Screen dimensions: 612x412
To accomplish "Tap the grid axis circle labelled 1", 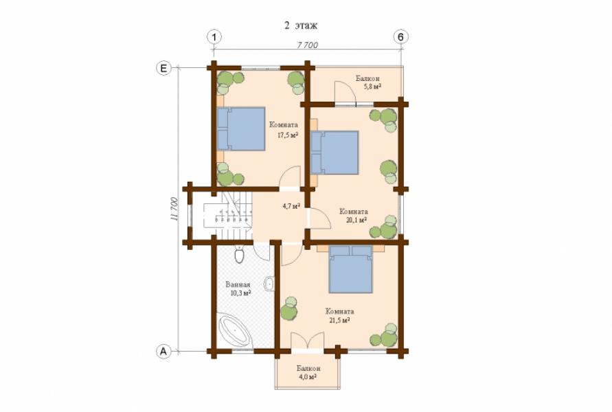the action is (214, 37).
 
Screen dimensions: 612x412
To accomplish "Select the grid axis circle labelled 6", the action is (400, 37).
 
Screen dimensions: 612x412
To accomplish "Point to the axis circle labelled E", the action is (163, 68).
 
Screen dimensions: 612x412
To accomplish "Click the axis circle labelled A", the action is (163, 351).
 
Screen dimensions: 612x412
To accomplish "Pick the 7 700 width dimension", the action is (308, 45).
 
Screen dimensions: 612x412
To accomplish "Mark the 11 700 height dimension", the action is (174, 209).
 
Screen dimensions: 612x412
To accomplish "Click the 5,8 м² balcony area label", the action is (372, 87).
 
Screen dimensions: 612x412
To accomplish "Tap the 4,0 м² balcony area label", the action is (307, 377).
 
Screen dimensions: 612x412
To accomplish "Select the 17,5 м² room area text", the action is (288, 135).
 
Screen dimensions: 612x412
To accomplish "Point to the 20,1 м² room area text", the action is (356, 220).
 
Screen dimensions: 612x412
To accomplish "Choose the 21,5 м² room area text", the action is (339, 320).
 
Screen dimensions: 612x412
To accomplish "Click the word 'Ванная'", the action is (238, 285).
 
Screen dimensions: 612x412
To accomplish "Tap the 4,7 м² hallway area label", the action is (291, 206).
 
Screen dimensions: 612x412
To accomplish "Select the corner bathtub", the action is (235, 330).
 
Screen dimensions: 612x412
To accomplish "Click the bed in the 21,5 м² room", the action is (350, 269).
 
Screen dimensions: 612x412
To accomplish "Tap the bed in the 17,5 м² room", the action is (241, 129).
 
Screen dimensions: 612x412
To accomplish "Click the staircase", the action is (227, 216).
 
